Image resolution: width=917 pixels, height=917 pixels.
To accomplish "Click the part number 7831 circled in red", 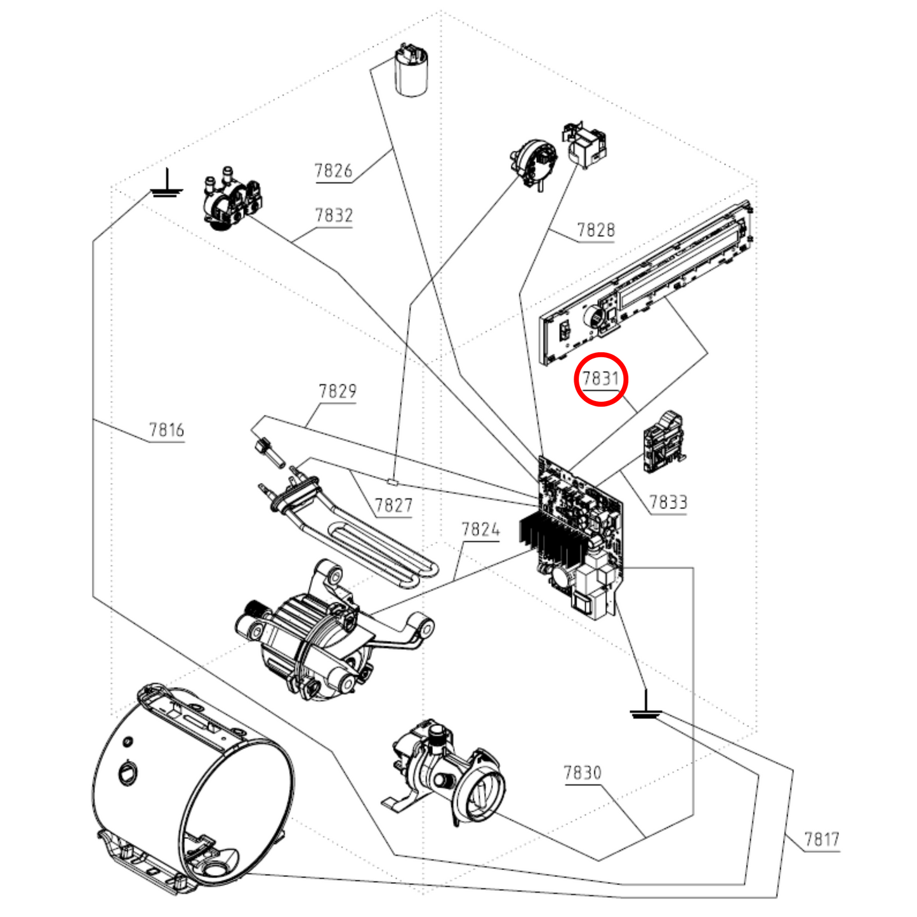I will tap(600, 379).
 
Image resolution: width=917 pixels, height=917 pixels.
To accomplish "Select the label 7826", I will tap(333, 171).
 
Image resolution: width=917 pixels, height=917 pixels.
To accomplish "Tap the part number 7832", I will tap(334, 216).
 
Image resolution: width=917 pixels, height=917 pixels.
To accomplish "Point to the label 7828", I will tap(596, 230).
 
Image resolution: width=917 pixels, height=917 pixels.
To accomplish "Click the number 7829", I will tap(338, 391).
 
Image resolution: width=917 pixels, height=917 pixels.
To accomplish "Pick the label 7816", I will tap(166, 430).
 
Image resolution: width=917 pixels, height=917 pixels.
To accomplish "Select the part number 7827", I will tap(393, 505).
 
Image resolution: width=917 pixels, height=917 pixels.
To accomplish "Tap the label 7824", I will tap(480, 529).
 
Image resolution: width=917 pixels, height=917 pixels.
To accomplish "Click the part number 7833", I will tap(668, 502).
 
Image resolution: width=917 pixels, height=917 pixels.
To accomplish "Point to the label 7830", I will tap(583, 772).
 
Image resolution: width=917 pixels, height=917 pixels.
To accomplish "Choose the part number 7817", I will tap(822, 840).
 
